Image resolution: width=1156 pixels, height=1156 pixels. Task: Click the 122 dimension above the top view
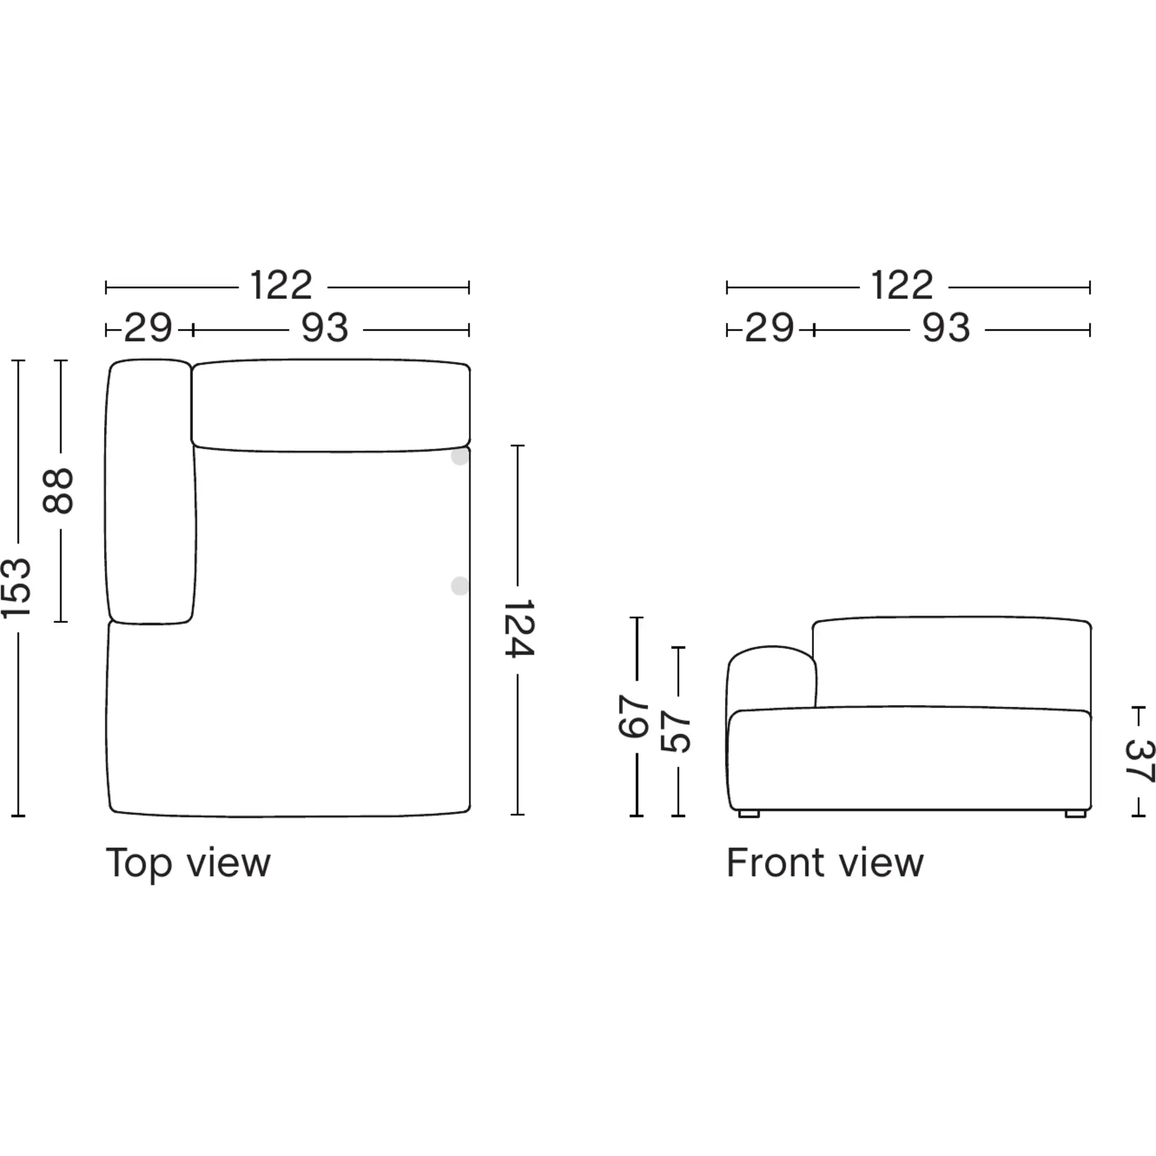(281, 286)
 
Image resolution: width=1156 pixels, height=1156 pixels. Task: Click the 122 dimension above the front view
(902, 286)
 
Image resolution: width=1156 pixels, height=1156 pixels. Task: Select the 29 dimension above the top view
(149, 328)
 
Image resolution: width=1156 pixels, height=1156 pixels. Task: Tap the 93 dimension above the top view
(325, 328)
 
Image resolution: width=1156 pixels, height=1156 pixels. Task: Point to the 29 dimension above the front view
(769, 328)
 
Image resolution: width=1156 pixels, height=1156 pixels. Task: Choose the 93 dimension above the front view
(946, 328)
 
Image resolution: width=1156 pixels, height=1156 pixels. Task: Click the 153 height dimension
(16, 588)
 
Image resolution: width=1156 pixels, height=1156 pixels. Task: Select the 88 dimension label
(58, 491)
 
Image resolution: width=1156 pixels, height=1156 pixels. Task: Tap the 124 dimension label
(518, 628)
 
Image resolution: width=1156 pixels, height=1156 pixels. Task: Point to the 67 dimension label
(633, 716)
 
